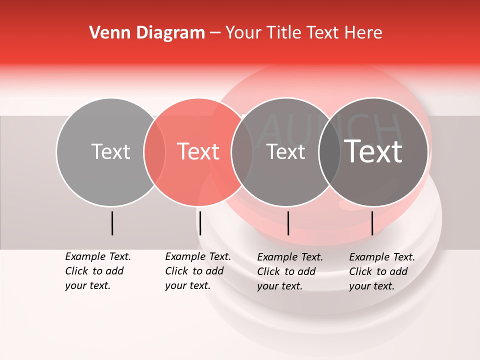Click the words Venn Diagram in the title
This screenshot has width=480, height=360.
[146, 33]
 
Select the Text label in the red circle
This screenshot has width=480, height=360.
[198, 151]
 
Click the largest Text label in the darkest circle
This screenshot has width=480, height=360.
[373, 151]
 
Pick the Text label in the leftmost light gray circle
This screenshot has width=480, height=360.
[110, 151]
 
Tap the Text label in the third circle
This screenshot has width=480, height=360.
[286, 151]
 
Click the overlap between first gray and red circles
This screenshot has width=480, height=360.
[154, 151]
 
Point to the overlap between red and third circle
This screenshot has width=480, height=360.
[242, 151]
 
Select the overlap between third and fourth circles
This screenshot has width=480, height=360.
[329, 151]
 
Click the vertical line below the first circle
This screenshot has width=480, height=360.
[112, 223]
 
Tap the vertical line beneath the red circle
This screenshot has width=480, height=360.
[200, 223]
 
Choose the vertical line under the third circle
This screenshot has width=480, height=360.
[288, 223]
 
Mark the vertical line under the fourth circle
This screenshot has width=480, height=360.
[372, 223]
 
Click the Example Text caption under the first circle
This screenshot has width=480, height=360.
[97, 271]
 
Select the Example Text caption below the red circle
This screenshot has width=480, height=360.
[197, 271]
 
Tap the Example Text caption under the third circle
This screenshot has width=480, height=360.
[289, 271]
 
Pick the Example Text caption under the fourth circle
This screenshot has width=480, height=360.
[381, 271]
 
